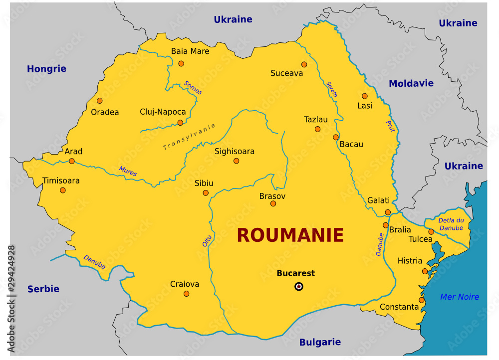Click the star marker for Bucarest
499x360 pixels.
(298, 286)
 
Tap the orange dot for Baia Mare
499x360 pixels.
(181, 63)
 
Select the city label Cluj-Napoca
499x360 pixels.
(163, 112)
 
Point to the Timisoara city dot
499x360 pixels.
(63, 190)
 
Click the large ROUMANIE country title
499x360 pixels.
(290, 235)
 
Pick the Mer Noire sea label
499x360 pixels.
(460, 297)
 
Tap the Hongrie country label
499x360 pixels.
(46, 69)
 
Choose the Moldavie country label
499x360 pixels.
(411, 83)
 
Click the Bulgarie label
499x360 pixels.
(320, 342)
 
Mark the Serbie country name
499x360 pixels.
(43, 289)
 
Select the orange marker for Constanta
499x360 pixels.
(422, 300)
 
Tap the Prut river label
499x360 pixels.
(391, 127)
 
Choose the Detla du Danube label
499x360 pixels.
(451, 224)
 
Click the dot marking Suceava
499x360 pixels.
(304, 64)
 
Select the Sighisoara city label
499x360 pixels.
(235, 151)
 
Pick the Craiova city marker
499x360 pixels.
(187, 294)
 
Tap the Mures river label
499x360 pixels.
(128, 172)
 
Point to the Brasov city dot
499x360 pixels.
(273, 203)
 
